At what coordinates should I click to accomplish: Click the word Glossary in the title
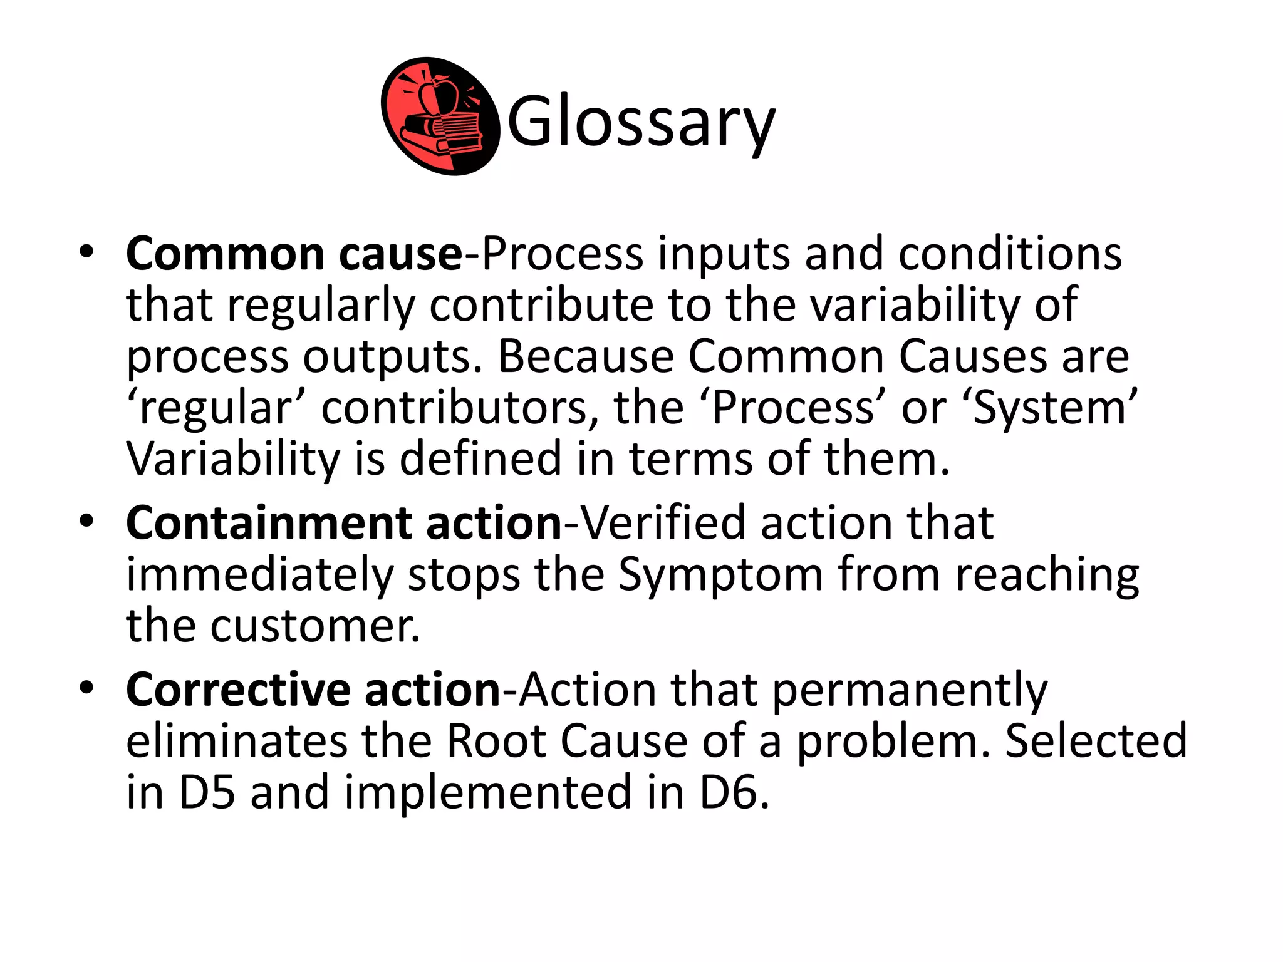tap(641, 121)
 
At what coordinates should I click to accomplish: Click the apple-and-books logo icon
tap(440, 116)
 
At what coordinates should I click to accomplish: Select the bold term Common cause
tap(293, 254)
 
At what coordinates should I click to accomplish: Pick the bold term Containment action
tap(344, 523)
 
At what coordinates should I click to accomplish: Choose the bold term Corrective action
tap(313, 690)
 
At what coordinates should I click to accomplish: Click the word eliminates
tap(236, 741)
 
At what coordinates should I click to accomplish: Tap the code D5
tap(207, 792)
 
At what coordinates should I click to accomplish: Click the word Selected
tap(1096, 741)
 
